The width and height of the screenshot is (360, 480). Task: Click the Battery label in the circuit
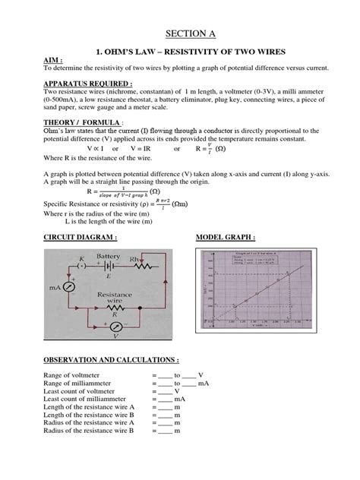tap(111, 257)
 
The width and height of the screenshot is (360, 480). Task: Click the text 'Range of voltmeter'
tap(72, 375)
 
